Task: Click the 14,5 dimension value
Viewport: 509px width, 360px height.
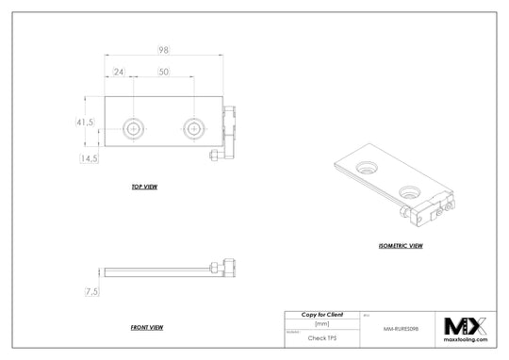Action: pyautogui.click(x=90, y=158)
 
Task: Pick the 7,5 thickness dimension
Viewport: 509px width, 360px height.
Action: pyautogui.click(x=91, y=292)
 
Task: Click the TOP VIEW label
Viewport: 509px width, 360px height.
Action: pyautogui.click(x=144, y=188)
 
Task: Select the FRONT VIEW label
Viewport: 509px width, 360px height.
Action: pyautogui.click(x=148, y=327)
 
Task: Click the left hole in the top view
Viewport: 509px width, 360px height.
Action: pyautogui.click(x=136, y=126)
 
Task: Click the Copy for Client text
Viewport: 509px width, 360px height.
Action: pyautogui.click(x=321, y=313)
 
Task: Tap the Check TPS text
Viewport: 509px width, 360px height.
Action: pyautogui.click(x=321, y=336)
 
